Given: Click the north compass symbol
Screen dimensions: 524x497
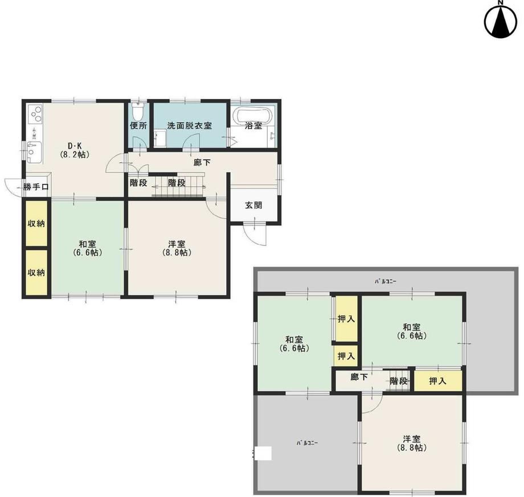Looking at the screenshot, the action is pyautogui.click(x=500, y=20).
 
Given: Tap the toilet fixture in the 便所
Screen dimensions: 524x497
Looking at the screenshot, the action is pyautogui.click(x=138, y=111).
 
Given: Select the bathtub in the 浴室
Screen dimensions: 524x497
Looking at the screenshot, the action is pyautogui.click(x=253, y=115).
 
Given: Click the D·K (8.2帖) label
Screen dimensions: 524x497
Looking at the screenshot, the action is pyautogui.click(x=75, y=150).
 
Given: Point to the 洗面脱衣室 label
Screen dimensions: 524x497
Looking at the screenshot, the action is pyautogui.click(x=190, y=126).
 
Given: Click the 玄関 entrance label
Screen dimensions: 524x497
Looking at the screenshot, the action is pyautogui.click(x=253, y=205).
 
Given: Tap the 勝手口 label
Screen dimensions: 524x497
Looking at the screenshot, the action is pyautogui.click(x=36, y=187).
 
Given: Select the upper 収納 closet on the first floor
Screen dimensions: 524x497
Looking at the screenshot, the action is pyautogui.click(x=36, y=223).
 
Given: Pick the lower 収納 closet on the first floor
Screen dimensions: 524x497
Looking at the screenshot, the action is pyautogui.click(x=36, y=273).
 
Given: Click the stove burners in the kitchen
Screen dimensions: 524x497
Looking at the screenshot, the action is pyautogui.click(x=35, y=114).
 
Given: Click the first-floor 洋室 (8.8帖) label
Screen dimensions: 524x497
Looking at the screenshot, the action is pyautogui.click(x=177, y=248).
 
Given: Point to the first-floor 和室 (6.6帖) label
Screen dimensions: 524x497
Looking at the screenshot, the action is pyautogui.click(x=87, y=248).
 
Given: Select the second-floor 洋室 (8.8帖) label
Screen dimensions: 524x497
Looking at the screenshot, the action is pyautogui.click(x=411, y=443).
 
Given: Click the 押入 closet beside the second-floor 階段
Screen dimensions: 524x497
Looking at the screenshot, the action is pyautogui.click(x=438, y=380).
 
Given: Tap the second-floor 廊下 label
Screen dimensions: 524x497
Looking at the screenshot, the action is pyautogui.click(x=359, y=377).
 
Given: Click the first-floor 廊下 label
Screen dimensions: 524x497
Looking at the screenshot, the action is pyautogui.click(x=202, y=162).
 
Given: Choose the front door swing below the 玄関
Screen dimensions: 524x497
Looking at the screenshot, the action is pyautogui.click(x=255, y=234).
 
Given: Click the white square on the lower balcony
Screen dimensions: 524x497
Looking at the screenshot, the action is pyautogui.click(x=264, y=454).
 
